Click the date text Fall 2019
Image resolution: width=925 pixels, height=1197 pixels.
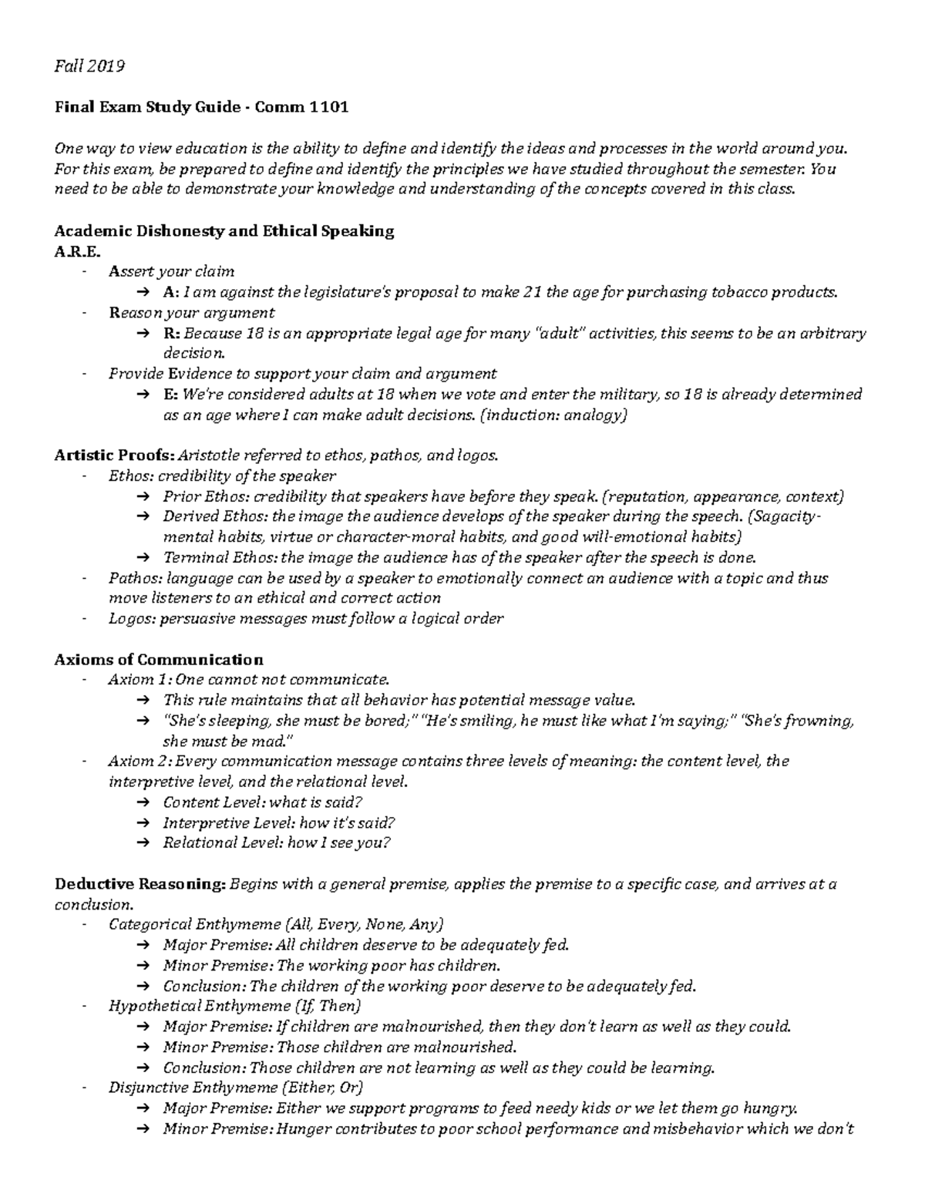(x=89, y=66)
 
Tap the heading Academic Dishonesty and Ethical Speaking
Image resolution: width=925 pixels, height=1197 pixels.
(x=224, y=230)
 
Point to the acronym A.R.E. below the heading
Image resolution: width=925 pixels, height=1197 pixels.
(x=77, y=251)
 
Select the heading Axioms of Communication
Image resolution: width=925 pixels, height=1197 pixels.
(x=159, y=660)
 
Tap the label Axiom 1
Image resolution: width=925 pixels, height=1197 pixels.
(x=140, y=680)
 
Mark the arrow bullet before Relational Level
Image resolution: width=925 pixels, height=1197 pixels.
(x=143, y=843)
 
